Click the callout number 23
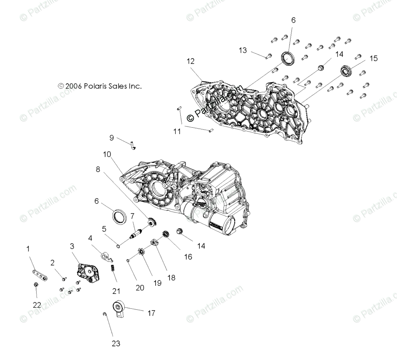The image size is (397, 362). pyautogui.click(x=116, y=343)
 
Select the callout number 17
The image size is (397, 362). pyautogui.click(x=151, y=313)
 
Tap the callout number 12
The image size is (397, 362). pyautogui.click(x=191, y=61)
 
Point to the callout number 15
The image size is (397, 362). pyautogui.click(x=374, y=58)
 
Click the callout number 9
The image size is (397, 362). pyautogui.click(x=111, y=138)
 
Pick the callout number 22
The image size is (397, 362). pyautogui.click(x=37, y=305)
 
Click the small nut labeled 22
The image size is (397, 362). pyautogui.click(x=36, y=285)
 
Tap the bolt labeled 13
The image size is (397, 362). pyautogui.click(x=269, y=56)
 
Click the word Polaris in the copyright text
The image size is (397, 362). pyautogui.click(x=95, y=86)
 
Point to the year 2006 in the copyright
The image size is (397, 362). pyautogui.click(x=74, y=86)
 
